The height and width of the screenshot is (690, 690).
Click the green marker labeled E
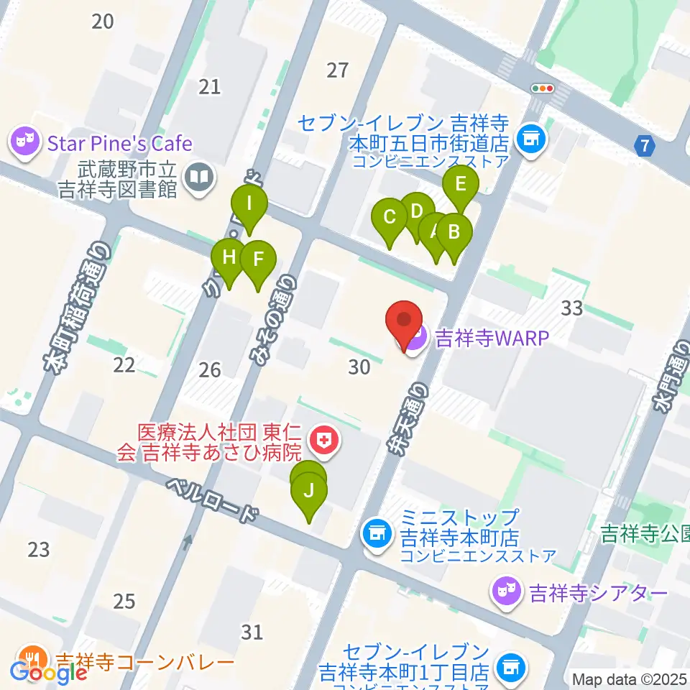(x=461, y=183)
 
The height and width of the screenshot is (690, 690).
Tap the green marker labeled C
(x=390, y=216)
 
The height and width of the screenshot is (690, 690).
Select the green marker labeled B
(x=454, y=232)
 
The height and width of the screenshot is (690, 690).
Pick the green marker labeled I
(x=249, y=203)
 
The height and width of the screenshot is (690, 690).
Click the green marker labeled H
(x=229, y=257)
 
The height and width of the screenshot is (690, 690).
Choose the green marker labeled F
(x=259, y=259)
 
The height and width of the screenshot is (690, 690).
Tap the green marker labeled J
(x=309, y=492)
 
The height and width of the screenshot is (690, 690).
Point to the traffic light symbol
(x=543, y=88)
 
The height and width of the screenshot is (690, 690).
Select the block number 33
(x=571, y=309)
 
